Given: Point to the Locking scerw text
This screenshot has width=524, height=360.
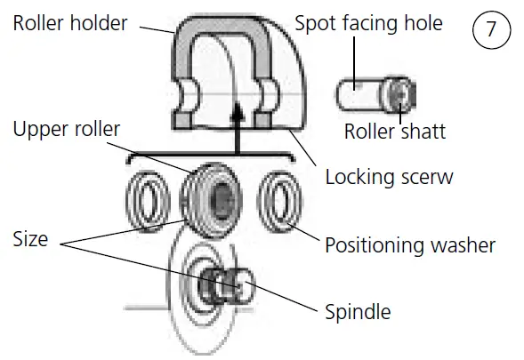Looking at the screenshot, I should (x=389, y=176).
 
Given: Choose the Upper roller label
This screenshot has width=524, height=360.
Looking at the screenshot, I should (x=67, y=131).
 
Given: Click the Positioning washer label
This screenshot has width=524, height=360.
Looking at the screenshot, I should (x=410, y=244).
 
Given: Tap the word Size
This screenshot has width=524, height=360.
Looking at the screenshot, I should (x=31, y=239).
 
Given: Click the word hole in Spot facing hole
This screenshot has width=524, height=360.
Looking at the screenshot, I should (x=421, y=22).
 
